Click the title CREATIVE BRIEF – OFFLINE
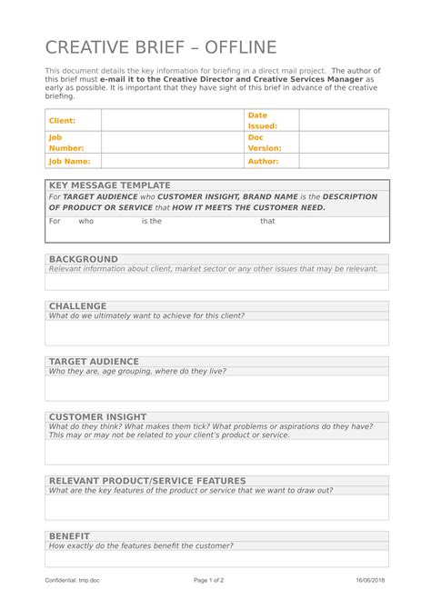point(161,48)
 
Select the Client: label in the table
point(62,120)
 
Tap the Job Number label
point(65,142)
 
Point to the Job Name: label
point(69,161)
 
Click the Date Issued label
point(262,120)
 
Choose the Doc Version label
point(264,142)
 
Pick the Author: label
point(263,161)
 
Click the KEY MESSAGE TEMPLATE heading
point(109,185)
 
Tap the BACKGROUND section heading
point(83,259)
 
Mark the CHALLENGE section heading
point(77,306)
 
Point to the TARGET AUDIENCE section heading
point(94,362)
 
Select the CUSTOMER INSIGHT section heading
point(97,417)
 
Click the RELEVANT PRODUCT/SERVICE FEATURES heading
point(147,481)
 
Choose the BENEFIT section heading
point(69,536)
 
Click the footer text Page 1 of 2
point(209,580)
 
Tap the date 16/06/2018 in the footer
point(370,580)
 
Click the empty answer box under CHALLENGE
point(216,333)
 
